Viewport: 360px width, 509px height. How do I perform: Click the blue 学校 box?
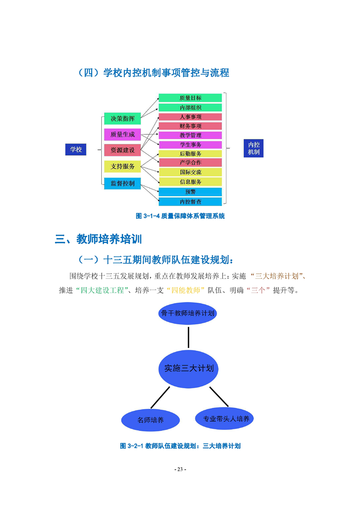pyautogui.click(x=76, y=149)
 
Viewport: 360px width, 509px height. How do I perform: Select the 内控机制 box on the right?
pyautogui.click(x=254, y=148)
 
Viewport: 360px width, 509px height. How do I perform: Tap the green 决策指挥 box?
pyautogui.click(x=122, y=119)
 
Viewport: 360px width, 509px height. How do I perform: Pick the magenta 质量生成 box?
pyautogui.click(x=122, y=134)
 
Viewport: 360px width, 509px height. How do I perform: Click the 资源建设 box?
pyautogui.click(x=122, y=150)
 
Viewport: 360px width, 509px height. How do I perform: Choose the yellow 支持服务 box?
pyautogui.click(x=122, y=166)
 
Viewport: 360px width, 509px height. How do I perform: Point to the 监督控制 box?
pyautogui.click(x=122, y=183)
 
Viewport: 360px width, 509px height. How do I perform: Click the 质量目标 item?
pyautogui.click(x=190, y=98)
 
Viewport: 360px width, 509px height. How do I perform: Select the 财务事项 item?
pyautogui.click(x=190, y=126)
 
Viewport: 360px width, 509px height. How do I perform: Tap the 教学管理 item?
pyautogui.click(x=190, y=135)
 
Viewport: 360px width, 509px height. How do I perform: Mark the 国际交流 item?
pyautogui.click(x=190, y=172)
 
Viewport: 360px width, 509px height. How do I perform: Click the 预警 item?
pyautogui.click(x=190, y=192)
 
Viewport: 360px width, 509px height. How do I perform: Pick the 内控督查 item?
pyautogui.click(x=190, y=201)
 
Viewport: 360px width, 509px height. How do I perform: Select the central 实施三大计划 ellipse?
pyautogui.click(x=188, y=368)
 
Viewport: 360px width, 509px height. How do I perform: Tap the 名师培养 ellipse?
pyautogui.click(x=150, y=420)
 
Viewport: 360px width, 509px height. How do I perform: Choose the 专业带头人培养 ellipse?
pyautogui.click(x=226, y=418)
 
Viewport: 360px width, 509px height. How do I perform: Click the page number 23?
pyautogui.click(x=180, y=469)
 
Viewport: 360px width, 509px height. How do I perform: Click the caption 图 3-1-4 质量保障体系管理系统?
pyautogui.click(x=180, y=216)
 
